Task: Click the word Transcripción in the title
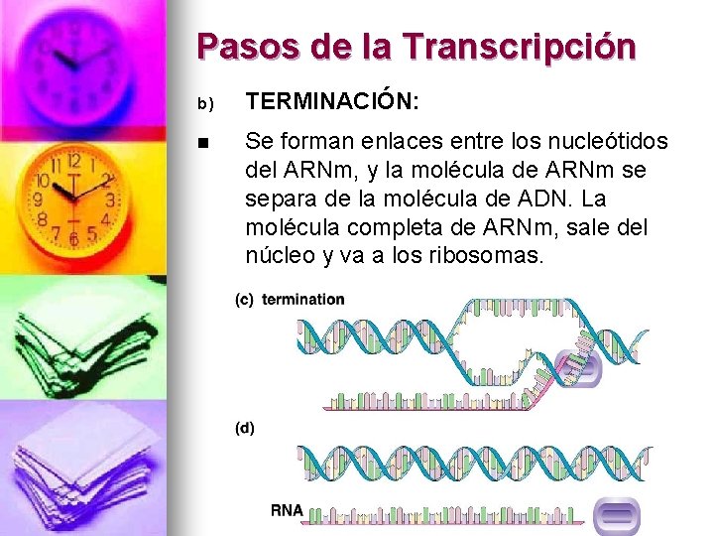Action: click(x=519, y=47)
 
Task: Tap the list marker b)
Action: click(x=205, y=102)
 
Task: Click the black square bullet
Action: click(x=204, y=143)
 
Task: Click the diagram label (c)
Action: click(x=244, y=299)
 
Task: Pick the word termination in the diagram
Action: click(x=303, y=299)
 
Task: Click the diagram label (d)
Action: click(x=244, y=429)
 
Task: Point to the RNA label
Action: click(x=287, y=511)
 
